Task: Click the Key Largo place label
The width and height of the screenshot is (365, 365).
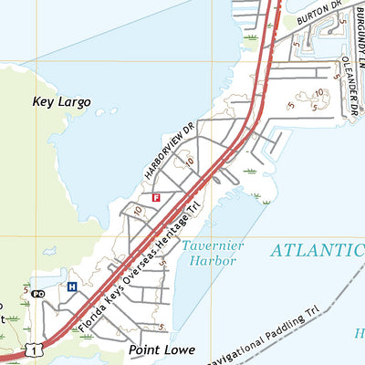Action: click(61, 102)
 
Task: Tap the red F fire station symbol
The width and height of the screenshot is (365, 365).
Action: click(156, 197)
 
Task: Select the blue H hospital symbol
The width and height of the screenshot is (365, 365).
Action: click(71, 287)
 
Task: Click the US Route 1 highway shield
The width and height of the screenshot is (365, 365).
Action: click(33, 348)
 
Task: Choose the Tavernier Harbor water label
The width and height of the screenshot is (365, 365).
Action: click(208, 253)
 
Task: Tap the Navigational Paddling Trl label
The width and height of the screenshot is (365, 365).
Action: click(265, 334)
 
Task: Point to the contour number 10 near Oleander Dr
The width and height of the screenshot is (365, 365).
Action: click(319, 93)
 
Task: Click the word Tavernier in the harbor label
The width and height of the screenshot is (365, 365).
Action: click(208, 245)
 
